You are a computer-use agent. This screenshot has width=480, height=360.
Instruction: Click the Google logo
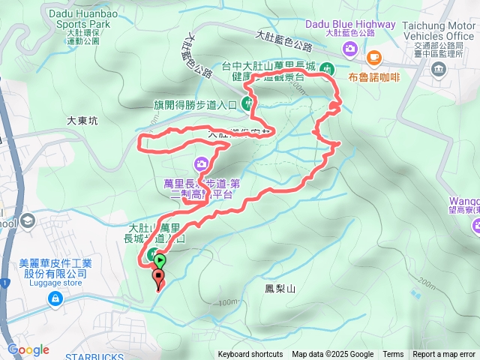(x=28, y=349)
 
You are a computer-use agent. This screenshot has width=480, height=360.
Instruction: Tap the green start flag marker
(x=160, y=262)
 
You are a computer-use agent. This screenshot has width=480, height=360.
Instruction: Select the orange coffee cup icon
(x=373, y=57)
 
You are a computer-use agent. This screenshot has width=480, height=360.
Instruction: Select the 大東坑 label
(x=82, y=120)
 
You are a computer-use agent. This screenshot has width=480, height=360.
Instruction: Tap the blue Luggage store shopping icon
(x=55, y=298)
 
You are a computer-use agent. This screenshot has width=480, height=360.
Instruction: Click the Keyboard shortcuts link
(x=250, y=355)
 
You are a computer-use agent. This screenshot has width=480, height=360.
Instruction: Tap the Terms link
(x=393, y=355)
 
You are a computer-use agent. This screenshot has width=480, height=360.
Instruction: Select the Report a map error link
(x=444, y=355)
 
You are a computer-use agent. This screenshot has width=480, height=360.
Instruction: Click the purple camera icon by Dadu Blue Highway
(x=349, y=49)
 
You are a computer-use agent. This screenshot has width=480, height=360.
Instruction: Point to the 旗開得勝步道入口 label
(x=194, y=105)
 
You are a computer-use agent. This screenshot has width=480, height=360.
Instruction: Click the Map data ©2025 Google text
(x=332, y=355)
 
